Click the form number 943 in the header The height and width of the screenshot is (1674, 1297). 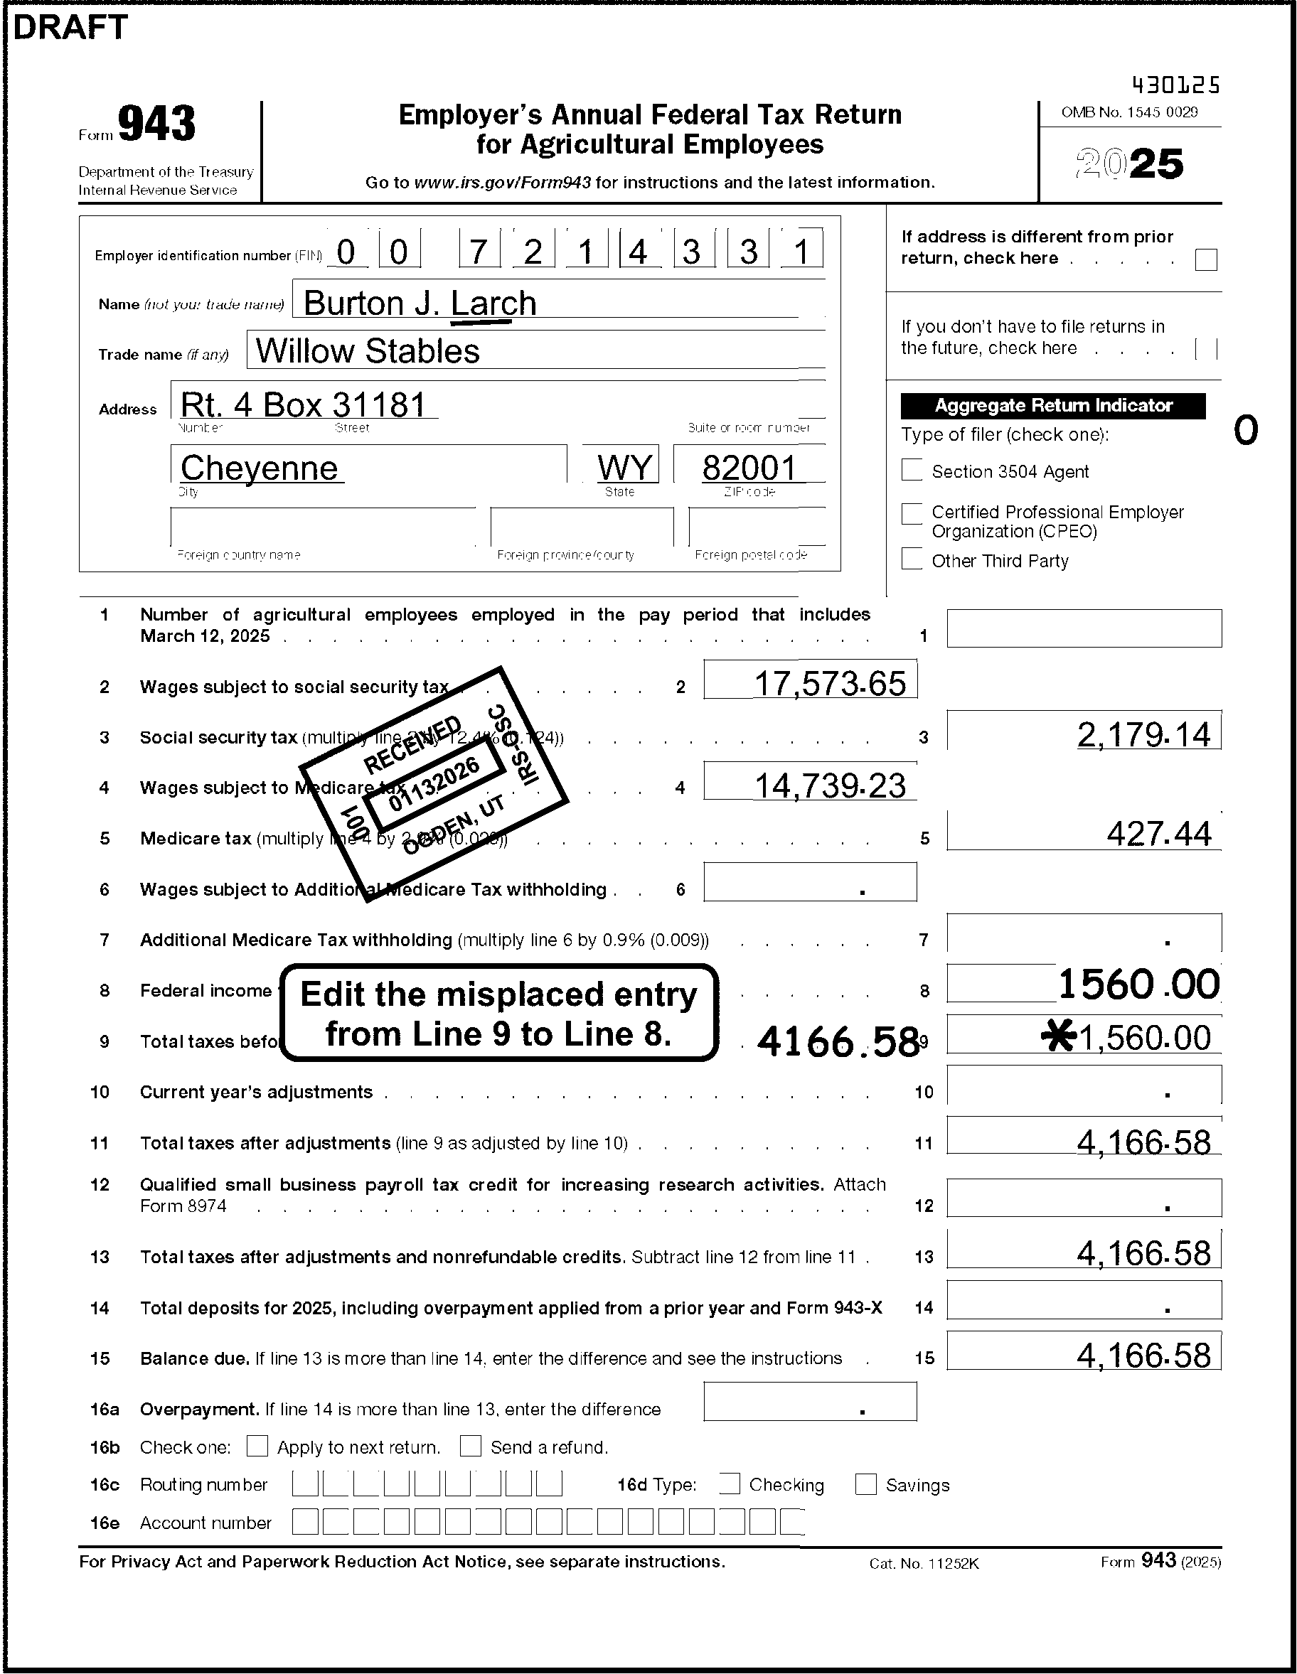[156, 125]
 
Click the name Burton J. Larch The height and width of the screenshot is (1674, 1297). [420, 304]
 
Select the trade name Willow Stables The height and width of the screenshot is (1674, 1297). [367, 351]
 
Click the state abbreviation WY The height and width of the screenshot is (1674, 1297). [625, 467]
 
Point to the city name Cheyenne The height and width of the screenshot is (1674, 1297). [259, 468]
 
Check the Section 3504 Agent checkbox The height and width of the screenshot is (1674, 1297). [912, 470]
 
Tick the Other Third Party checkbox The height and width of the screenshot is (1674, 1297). [912, 559]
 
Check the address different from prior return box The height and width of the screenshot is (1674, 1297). [1206, 260]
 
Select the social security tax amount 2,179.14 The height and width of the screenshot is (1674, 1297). [1143, 735]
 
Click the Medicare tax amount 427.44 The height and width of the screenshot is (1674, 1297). [1159, 834]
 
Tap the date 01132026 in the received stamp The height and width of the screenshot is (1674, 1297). [434, 783]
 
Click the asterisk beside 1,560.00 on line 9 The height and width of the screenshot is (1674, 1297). [1058, 1038]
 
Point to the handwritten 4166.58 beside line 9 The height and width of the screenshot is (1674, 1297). [838, 1041]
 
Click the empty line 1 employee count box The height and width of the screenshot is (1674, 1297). [1084, 628]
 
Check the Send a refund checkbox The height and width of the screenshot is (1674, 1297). [470, 1447]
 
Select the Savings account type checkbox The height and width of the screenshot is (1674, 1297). [865, 1484]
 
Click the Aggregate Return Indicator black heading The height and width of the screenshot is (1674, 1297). [1052, 405]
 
